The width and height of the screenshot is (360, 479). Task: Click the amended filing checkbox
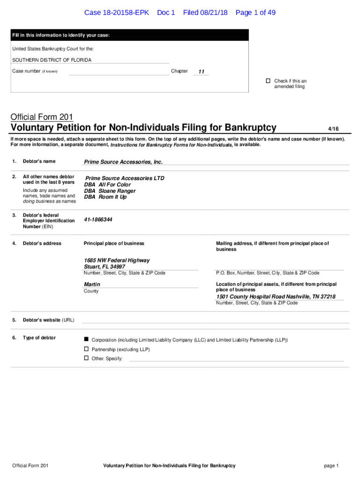click(268, 81)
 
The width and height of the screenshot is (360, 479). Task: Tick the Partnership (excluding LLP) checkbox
click(86, 349)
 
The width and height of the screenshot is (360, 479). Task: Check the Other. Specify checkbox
click(86, 358)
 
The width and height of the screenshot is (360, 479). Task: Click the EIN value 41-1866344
click(98, 219)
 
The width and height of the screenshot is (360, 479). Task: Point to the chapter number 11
click(202, 72)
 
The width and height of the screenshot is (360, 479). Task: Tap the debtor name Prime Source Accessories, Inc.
click(123, 162)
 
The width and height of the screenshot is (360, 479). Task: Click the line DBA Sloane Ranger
click(110, 191)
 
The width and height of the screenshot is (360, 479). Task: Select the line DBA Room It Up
click(105, 197)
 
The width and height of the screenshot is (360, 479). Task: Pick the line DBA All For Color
click(108, 185)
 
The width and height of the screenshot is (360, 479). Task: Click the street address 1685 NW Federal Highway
click(117, 260)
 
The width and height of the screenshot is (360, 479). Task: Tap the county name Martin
click(92, 284)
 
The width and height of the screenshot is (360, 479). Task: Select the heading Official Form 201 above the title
click(42, 117)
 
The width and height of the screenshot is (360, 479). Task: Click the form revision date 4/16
click(333, 129)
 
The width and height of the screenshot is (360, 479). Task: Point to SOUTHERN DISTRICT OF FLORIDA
click(52, 60)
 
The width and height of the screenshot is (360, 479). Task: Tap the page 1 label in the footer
click(331, 465)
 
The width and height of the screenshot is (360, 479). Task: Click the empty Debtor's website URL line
click(215, 319)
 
